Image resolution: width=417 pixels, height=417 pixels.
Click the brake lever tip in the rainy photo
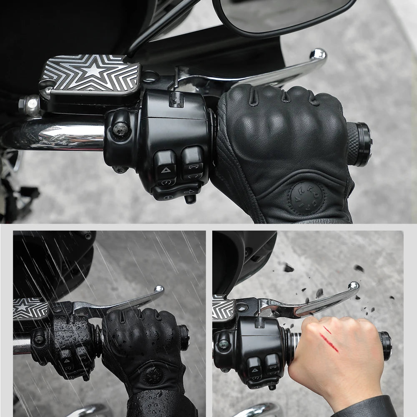[x=158, y=289]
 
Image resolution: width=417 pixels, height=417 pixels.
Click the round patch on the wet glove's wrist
[x=153, y=375]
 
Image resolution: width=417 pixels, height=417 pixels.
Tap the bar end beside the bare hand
[x=386, y=346]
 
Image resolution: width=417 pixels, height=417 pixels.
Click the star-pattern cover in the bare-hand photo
[x=223, y=308]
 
